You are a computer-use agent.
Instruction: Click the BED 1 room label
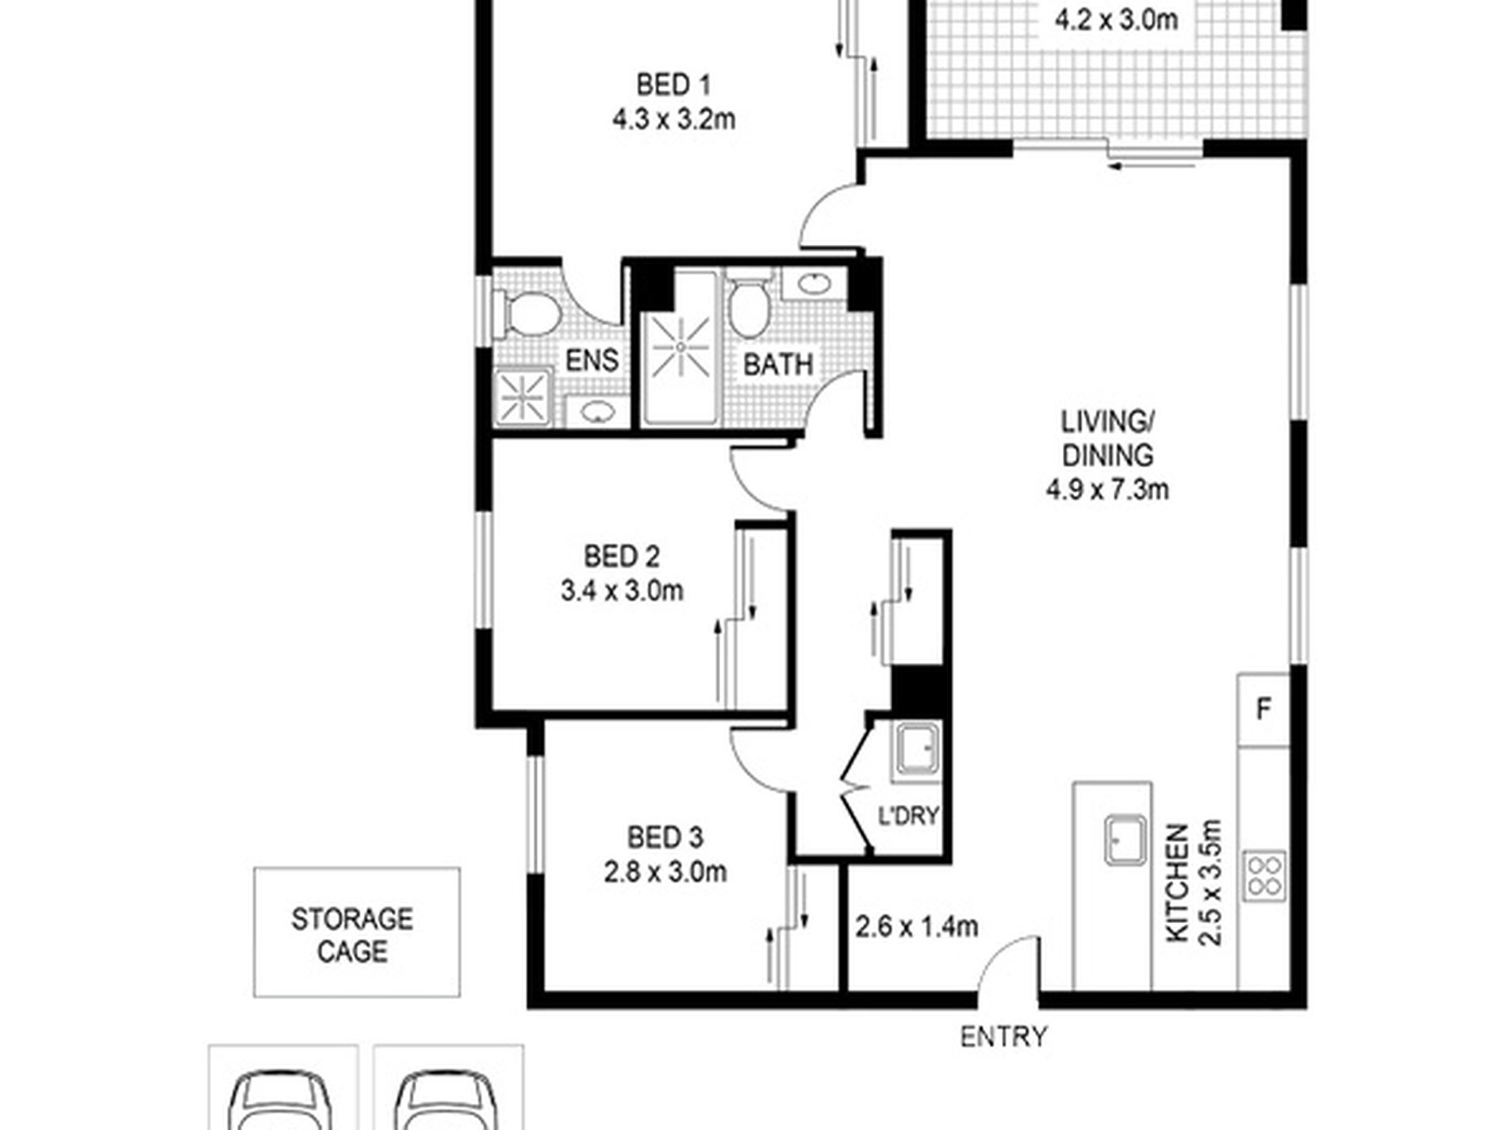point(673,84)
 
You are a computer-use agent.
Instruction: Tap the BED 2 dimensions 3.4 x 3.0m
point(622,591)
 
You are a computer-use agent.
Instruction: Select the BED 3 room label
point(665,837)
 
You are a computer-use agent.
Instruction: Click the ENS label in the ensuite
point(592,360)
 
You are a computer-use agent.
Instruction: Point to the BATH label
point(778,365)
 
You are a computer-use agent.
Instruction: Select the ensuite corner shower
point(523,397)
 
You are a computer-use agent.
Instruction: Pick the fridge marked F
point(1264,709)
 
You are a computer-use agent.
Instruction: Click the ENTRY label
point(1003,1036)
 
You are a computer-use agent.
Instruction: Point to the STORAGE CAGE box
point(356,933)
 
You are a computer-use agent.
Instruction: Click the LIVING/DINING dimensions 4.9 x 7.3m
point(1106,490)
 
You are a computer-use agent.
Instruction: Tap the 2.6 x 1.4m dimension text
point(916,925)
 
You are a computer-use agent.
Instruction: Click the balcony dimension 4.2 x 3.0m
point(1116,20)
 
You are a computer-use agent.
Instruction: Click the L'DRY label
point(907,815)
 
